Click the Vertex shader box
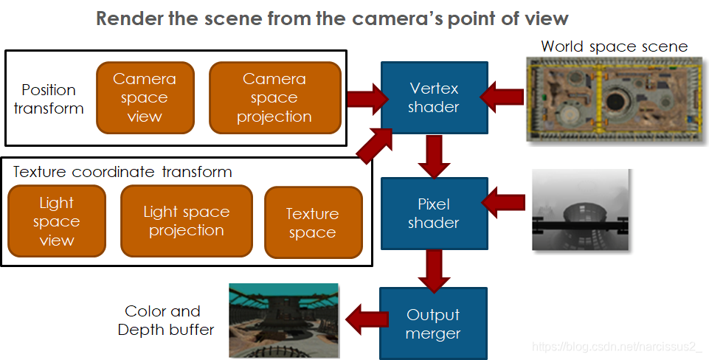tap(434, 97)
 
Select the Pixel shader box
tap(434, 213)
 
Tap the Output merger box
tap(434, 324)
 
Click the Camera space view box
tap(145, 97)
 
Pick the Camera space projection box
tap(274, 97)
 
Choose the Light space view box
tap(56, 221)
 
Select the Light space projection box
tap(186, 221)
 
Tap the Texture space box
tap(312, 223)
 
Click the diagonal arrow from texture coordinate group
tap(373, 142)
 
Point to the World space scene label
tap(614, 46)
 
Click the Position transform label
tap(49, 99)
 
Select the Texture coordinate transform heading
tap(122, 172)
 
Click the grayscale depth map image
tap(580, 210)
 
